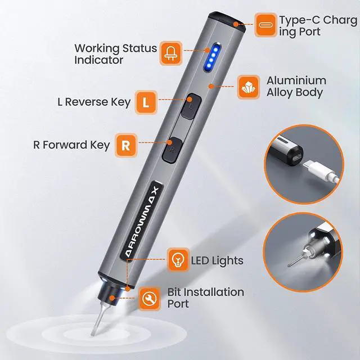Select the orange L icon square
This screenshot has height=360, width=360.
pos(146,102)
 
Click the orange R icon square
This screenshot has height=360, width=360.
pos(127,145)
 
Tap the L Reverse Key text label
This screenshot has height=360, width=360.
pos(93,102)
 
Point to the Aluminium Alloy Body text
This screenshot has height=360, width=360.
pos(296,86)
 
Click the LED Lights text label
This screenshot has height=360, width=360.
pos(217,260)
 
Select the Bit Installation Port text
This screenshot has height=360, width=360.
pos(206,298)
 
